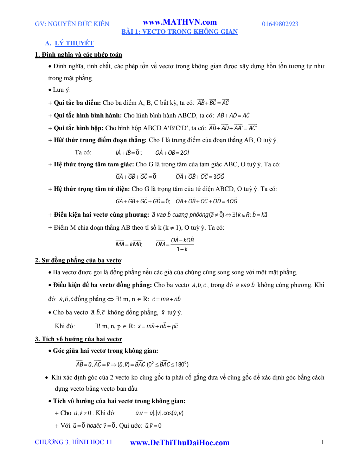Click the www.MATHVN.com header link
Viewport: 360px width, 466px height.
point(180,22)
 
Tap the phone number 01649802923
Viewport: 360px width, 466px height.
point(280,24)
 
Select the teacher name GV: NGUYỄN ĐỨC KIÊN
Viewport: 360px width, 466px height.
point(72,24)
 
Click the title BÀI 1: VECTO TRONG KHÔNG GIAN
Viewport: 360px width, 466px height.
point(180,32)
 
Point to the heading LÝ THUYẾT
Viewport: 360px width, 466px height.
point(74,43)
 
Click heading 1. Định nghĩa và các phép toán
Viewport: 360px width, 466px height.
point(78,55)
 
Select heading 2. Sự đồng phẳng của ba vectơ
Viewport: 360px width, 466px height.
point(78,260)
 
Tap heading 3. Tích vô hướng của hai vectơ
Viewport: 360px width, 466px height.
point(78,339)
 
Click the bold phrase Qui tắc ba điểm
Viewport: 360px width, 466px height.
point(77,103)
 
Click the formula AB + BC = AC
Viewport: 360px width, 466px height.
point(213,103)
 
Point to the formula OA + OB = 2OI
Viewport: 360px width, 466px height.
point(172,153)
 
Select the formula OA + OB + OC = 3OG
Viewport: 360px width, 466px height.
point(200,177)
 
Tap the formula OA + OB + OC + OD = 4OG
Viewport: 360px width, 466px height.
point(206,201)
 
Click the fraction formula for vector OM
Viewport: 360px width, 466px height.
point(175,244)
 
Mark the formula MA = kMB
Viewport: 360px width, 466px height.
point(129,244)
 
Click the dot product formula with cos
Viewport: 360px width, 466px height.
point(159,413)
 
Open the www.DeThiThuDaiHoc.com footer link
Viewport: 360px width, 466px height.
point(180,443)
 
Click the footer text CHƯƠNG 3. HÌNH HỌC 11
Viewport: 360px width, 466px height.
point(73,442)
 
